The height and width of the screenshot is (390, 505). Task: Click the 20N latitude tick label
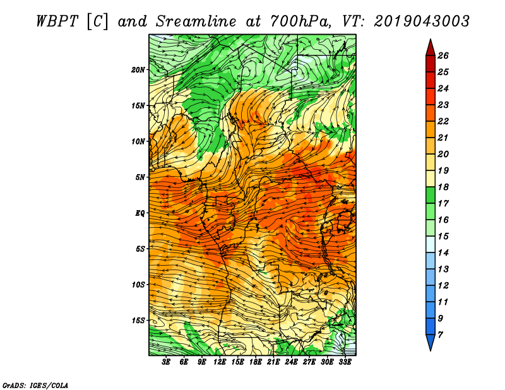tap(138, 69)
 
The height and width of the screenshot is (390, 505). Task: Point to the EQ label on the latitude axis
tap(140, 213)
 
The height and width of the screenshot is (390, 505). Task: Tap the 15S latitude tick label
tap(138, 321)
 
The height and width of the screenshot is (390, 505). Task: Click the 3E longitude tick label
tap(167, 362)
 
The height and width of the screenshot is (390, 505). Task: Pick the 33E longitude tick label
tap(345, 362)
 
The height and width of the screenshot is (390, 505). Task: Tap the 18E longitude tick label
tap(256, 362)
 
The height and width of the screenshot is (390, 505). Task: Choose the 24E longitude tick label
tap(291, 362)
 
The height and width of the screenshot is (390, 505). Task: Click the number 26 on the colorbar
tap(443, 55)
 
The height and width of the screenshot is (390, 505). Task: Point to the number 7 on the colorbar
tap(440, 334)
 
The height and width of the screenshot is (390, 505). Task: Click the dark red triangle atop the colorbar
tap(429, 47)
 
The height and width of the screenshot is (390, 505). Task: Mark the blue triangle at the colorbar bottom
tap(429, 343)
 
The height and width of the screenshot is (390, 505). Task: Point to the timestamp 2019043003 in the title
tap(422, 21)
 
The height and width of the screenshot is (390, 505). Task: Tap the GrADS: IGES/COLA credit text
tap(35, 384)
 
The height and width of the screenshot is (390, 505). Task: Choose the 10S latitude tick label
tap(138, 285)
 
